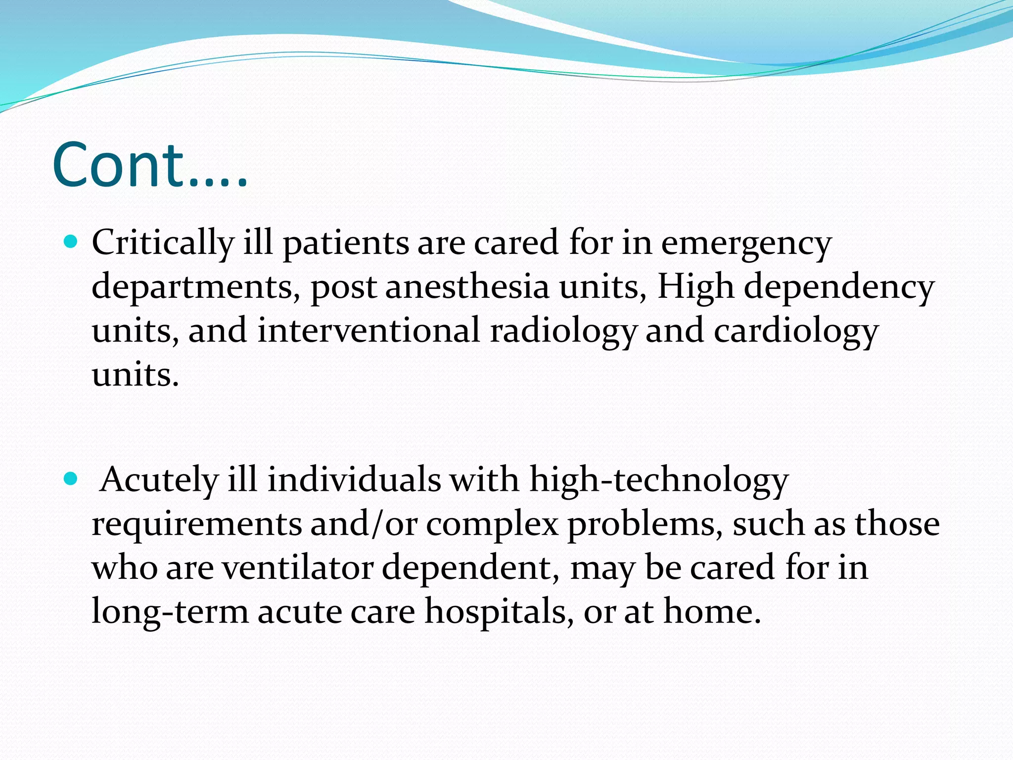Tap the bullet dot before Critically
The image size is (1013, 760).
pyautogui.click(x=71, y=242)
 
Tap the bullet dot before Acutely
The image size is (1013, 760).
pyautogui.click(x=71, y=478)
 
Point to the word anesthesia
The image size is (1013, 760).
pyautogui.click(x=467, y=287)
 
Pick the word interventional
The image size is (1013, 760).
pyautogui.click(x=368, y=331)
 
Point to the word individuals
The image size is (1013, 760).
pyautogui.click(x=354, y=480)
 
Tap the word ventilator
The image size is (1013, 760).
pyautogui.click(x=297, y=568)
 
